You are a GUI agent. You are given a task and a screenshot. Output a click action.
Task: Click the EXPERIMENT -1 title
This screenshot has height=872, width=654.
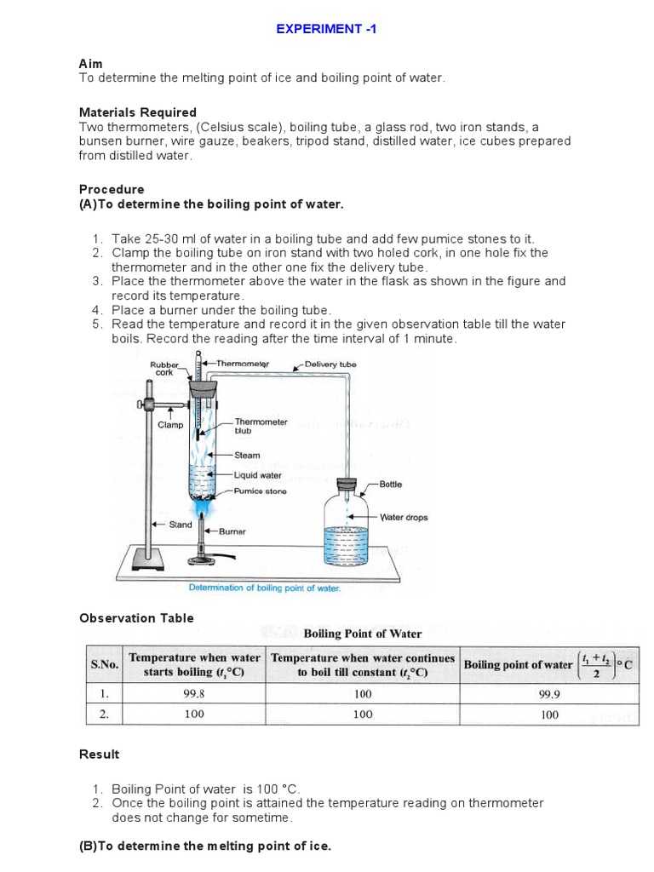(326, 29)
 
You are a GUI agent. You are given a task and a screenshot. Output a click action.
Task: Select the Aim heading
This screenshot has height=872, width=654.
(90, 64)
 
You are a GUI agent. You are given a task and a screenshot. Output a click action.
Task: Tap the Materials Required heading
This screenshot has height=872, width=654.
(137, 112)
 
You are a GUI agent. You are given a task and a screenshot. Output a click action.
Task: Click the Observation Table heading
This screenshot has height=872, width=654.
(136, 618)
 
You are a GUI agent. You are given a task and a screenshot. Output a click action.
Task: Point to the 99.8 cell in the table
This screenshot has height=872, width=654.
(194, 694)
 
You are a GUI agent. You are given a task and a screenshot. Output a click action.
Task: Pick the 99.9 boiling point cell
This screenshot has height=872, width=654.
(549, 694)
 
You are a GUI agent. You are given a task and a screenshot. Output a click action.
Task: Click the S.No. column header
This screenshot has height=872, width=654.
(106, 665)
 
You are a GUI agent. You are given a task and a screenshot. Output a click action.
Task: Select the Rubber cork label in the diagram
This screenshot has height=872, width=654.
(164, 368)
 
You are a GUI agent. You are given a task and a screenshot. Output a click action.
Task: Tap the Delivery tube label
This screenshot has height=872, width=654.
(330, 364)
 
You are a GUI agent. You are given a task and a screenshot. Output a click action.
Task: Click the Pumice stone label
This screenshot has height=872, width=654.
(260, 491)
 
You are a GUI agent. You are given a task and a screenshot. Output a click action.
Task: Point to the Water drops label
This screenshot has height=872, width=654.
(404, 517)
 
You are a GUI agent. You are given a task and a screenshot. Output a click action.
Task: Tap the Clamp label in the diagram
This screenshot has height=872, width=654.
(171, 424)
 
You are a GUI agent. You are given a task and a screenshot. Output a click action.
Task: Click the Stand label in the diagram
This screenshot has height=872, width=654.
(181, 525)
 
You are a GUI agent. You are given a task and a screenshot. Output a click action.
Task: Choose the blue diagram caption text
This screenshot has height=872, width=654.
(264, 588)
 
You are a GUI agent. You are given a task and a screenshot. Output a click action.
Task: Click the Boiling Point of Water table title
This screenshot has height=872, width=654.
(363, 634)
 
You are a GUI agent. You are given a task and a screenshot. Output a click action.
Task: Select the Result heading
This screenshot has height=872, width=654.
(100, 754)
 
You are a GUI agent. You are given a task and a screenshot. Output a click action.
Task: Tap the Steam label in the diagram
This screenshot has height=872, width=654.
(247, 456)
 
